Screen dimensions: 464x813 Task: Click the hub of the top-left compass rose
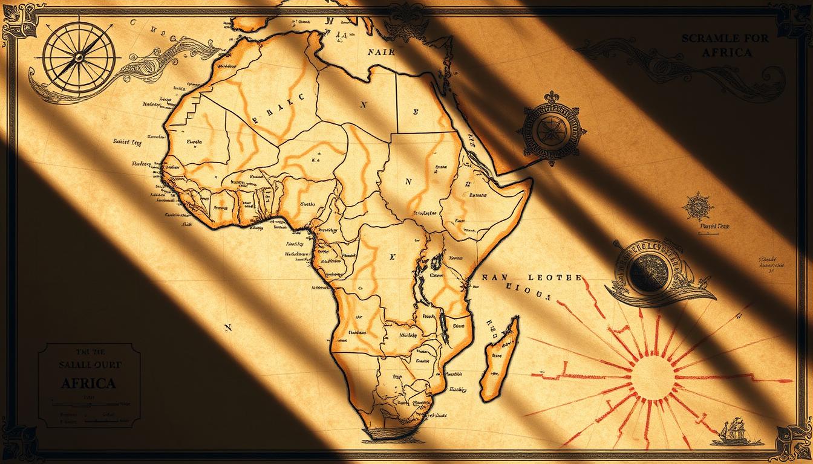click(77, 56)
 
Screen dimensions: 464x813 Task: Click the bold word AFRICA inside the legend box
click(89, 383)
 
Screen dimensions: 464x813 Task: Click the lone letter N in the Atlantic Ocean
click(228, 327)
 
